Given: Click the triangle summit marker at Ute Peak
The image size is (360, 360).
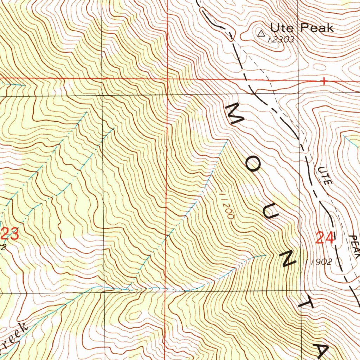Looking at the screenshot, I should [261, 34].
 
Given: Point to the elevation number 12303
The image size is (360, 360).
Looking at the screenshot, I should [281, 39].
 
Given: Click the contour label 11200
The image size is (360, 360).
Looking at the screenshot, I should [226, 205].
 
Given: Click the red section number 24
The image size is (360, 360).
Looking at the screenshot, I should [324, 238].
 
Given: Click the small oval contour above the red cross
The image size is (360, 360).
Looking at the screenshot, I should [319, 66].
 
